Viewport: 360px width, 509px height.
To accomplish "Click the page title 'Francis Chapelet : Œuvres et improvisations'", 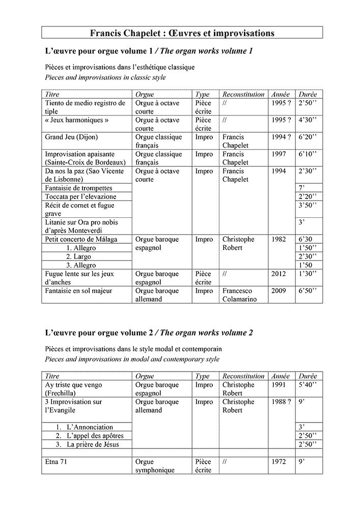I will point(182,33).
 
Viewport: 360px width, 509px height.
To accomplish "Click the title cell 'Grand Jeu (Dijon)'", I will point(72,137).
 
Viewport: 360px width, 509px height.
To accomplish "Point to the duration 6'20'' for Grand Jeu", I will point(307,137).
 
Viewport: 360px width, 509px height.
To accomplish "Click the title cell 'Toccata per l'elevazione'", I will point(80,196).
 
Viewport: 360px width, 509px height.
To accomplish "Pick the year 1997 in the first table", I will point(279,154).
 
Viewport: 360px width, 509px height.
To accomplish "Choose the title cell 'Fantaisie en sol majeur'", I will point(78,291).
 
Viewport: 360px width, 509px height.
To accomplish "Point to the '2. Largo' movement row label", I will point(78,257).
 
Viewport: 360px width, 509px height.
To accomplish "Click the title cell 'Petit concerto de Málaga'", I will point(81,239).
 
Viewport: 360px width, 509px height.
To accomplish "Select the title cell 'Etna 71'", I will point(57,462).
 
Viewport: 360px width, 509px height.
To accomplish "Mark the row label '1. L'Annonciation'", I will point(84,427).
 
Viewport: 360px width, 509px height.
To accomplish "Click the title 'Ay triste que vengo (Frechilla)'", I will point(73,389).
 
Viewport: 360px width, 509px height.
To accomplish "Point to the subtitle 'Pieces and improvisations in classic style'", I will point(105,77).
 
